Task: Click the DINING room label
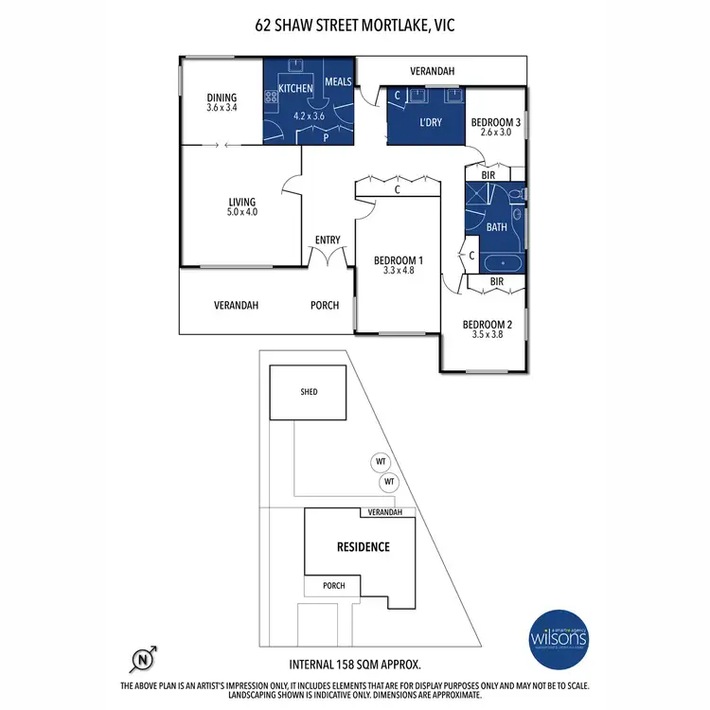(x=222, y=98)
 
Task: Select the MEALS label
(x=338, y=82)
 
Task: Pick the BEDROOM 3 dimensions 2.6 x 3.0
(x=496, y=133)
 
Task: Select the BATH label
(x=496, y=228)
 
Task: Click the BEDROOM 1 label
(x=399, y=260)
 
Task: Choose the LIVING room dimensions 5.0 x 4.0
(x=242, y=212)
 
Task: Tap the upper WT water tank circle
(x=382, y=462)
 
